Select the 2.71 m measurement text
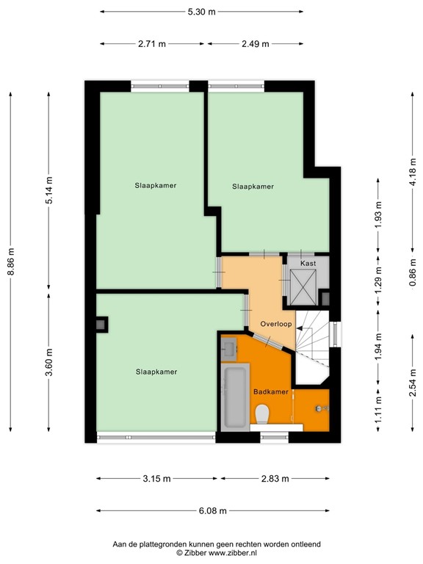tap(151, 43)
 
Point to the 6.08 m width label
tap(212, 511)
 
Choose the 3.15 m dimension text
tap(156, 479)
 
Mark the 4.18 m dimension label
tap(413, 174)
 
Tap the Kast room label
tap(308, 263)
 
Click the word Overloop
tap(276, 323)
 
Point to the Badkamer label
tap(270, 392)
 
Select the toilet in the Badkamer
tap(262, 416)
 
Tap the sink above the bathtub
tap(229, 348)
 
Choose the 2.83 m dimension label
tap(275, 479)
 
